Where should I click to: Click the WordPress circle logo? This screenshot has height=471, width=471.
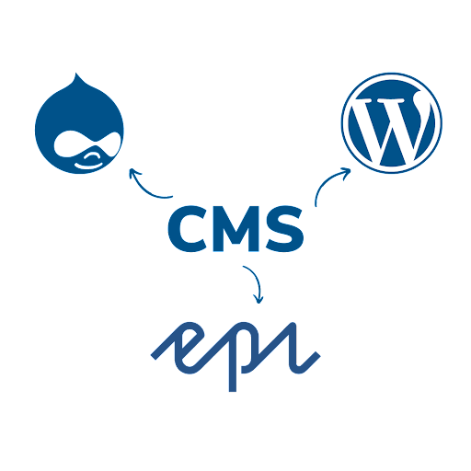(x=392, y=123)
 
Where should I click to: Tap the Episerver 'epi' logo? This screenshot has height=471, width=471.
(x=235, y=356)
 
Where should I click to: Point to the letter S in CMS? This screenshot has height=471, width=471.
(x=285, y=228)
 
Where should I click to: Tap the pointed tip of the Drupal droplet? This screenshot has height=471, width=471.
(x=75, y=74)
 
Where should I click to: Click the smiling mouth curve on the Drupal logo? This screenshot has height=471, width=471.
(x=89, y=166)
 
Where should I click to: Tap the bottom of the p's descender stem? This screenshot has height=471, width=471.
(x=233, y=391)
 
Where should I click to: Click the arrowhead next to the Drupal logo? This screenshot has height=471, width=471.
(x=133, y=173)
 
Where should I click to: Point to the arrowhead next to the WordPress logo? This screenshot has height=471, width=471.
(x=346, y=172)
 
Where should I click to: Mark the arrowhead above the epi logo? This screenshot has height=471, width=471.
(x=258, y=299)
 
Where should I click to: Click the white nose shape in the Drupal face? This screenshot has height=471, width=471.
(x=91, y=157)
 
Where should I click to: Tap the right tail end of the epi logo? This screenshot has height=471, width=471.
(x=317, y=356)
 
